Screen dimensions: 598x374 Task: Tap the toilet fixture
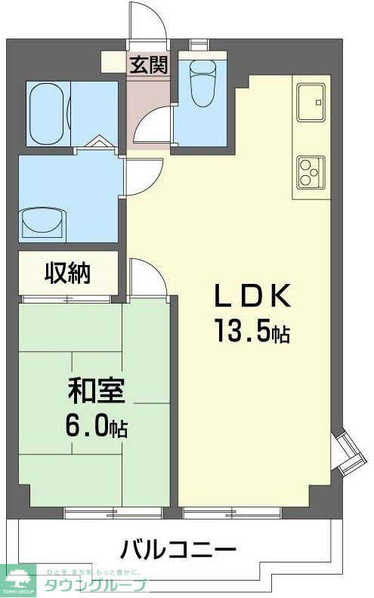pyautogui.click(x=202, y=82)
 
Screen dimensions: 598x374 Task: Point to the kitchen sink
pyautogui.click(x=311, y=102)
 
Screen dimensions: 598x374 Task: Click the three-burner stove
pyautogui.click(x=311, y=171)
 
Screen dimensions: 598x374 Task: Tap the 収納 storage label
pyautogui.click(x=67, y=273)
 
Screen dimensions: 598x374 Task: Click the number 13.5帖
pyautogui.click(x=252, y=331)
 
